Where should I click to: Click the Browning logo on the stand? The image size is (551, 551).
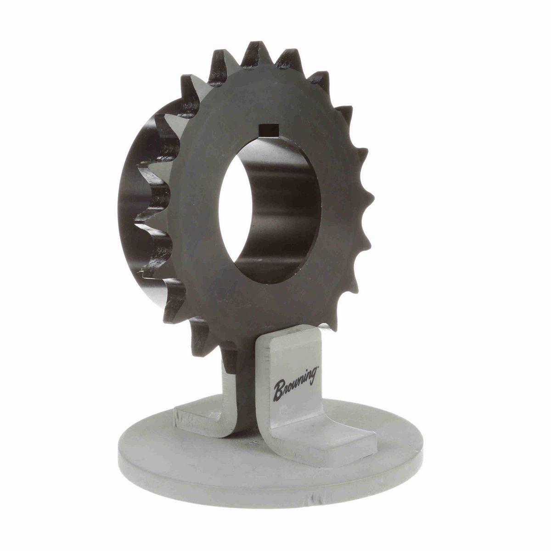click(x=295, y=384)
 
